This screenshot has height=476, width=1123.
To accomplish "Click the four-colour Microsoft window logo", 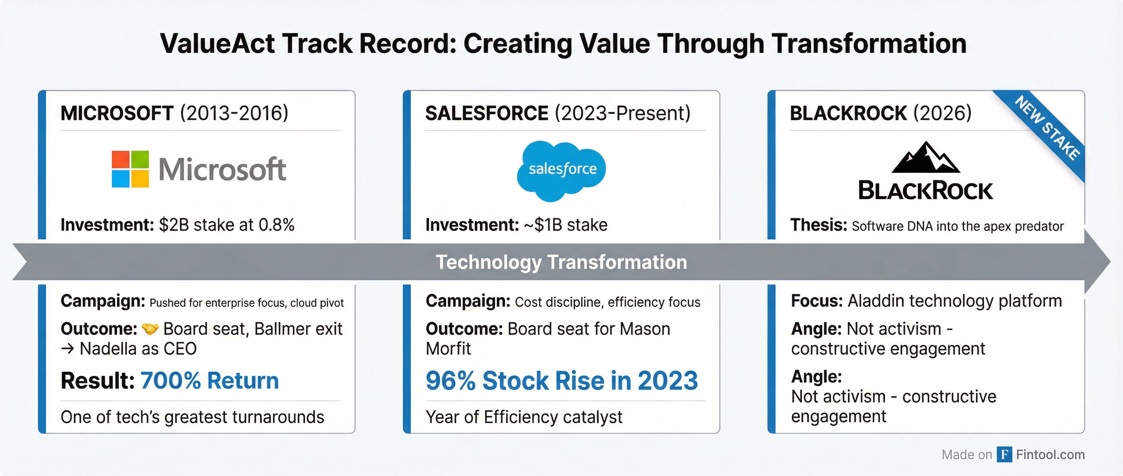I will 130,169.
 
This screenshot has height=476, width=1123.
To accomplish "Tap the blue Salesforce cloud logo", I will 561,170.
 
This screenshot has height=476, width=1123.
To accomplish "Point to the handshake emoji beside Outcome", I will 150,329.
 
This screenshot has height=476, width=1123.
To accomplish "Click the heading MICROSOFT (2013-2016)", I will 174,113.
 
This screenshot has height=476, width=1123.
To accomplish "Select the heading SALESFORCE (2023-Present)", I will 558,113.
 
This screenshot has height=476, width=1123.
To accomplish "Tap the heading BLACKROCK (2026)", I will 881,113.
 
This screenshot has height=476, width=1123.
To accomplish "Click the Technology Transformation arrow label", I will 561,262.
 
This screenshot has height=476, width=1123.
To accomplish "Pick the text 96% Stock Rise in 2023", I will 561,381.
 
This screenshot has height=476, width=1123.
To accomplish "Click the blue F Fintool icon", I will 1004,454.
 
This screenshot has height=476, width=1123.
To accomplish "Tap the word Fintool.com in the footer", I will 1050,454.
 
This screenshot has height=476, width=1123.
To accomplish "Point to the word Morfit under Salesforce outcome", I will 448,349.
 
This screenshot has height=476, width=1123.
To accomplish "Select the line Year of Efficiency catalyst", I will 524,417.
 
